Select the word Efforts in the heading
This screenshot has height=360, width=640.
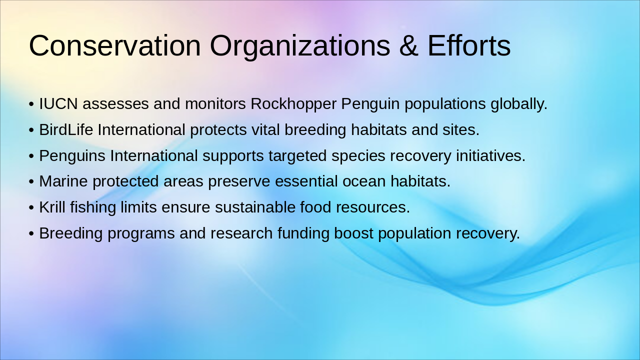(x=469, y=45)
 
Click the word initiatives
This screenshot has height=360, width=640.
(x=490, y=156)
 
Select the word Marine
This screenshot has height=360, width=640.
(x=63, y=181)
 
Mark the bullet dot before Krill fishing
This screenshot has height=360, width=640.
(x=31, y=207)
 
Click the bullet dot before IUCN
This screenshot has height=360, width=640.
(x=31, y=104)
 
